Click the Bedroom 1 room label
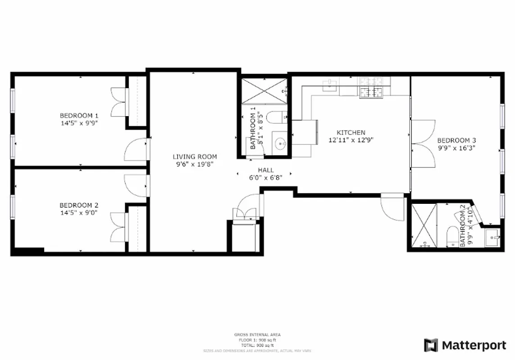(x=79, y=115)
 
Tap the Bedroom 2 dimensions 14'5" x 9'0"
(x=79, y=212)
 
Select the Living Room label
(x=194, y=157)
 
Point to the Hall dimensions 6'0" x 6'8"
(x=266, y=177)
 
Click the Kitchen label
(x=351, y=133)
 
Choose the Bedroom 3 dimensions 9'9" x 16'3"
(x=456, y=147)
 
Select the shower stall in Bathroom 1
(x=264, y=91)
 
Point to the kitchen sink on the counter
(x=331, y=85)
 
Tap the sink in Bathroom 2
(x=493, y=237)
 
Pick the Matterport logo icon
(x=431, y=345)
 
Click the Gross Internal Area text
(x=257, y=335)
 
